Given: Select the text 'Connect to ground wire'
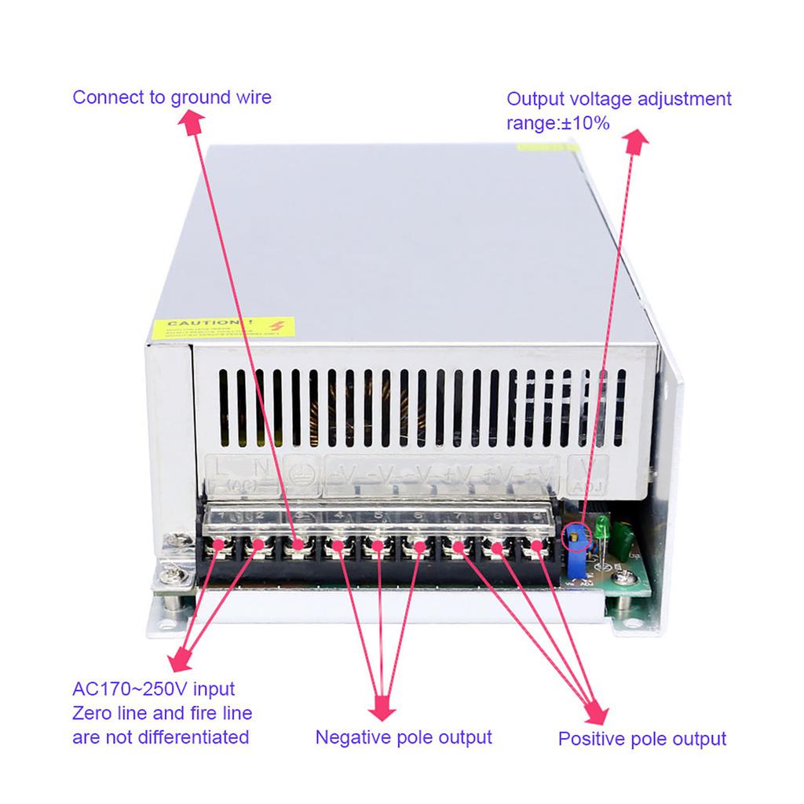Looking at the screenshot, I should (172, 97).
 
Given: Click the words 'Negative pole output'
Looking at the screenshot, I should (404, 736).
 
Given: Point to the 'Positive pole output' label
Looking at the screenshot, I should (641, 738).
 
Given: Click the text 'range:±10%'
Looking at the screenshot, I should (557, 122).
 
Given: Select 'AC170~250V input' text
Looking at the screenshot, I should (153, 689).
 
